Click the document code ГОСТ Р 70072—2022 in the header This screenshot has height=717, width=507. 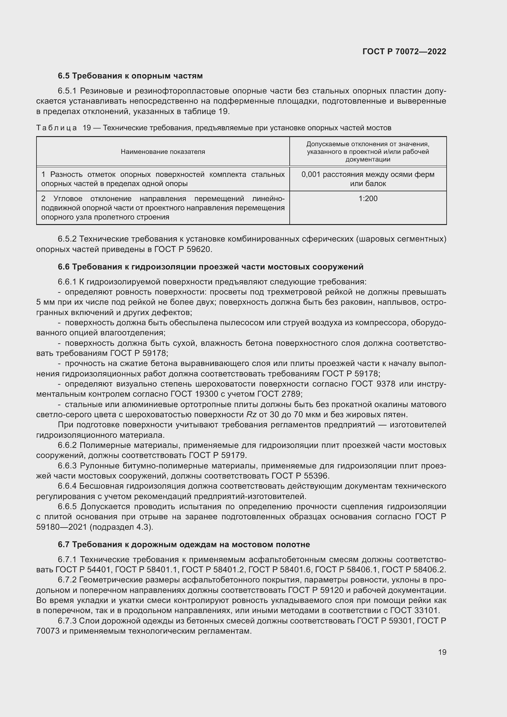(404, 51)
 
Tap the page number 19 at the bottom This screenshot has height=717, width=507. (442, 652)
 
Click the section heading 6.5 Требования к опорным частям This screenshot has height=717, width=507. (130, 76)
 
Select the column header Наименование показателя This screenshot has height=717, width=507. (163, 152)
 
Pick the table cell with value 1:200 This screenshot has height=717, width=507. (368, 199)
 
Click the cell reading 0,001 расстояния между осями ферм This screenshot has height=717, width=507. (368, 174)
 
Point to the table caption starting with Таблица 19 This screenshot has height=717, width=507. (214, 128)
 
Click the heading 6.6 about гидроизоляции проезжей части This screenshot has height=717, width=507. (210, 267)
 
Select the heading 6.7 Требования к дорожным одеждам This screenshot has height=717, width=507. (184, 544)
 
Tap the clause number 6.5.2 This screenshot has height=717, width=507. (67, 239)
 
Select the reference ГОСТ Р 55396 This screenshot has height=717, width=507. (300, 476)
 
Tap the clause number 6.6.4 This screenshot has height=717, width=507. (67, 486)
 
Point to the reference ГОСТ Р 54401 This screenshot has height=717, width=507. (83, 570)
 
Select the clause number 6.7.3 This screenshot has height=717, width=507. (67, 620)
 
